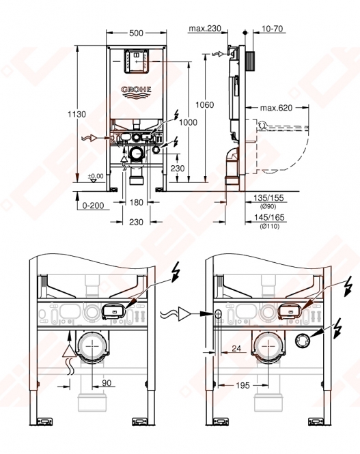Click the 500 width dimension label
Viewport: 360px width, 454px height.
[136, 33]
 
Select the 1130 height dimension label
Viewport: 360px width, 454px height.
[77, 115]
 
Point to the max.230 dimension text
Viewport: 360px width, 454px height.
[205, 29]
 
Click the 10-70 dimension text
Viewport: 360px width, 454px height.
[272, 29]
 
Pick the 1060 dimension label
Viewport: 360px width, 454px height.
[204, 105]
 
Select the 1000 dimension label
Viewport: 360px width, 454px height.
[188, 122]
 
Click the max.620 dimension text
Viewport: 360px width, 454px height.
[276, 108]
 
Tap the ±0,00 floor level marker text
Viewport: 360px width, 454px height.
[96, 176]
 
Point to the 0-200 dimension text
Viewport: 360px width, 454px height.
[93, 205]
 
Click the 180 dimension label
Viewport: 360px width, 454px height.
[136, 202]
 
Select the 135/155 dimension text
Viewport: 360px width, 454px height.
[268, 198]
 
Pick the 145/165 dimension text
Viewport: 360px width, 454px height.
[269, 218]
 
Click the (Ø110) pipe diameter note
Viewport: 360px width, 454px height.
[270, 226]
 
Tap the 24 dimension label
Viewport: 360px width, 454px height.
[236, 348]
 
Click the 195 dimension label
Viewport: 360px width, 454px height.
[243, 385]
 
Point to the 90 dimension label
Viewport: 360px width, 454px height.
[107, 383]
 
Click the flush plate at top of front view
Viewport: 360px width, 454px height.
[136, 61]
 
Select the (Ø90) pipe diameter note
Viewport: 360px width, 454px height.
[268, 207]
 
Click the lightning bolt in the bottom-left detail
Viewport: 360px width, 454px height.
[176, 272]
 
